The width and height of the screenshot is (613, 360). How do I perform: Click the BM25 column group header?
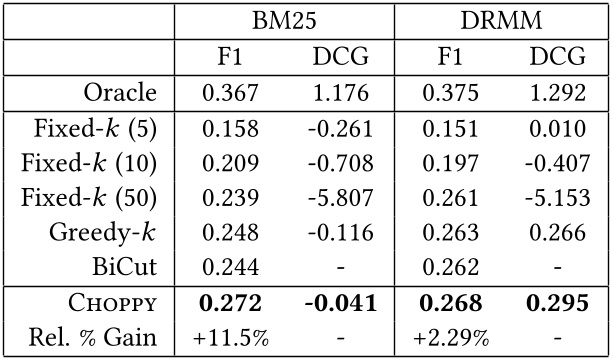tap(284, 22)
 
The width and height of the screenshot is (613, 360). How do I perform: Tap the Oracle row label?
tap(119, 93)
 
